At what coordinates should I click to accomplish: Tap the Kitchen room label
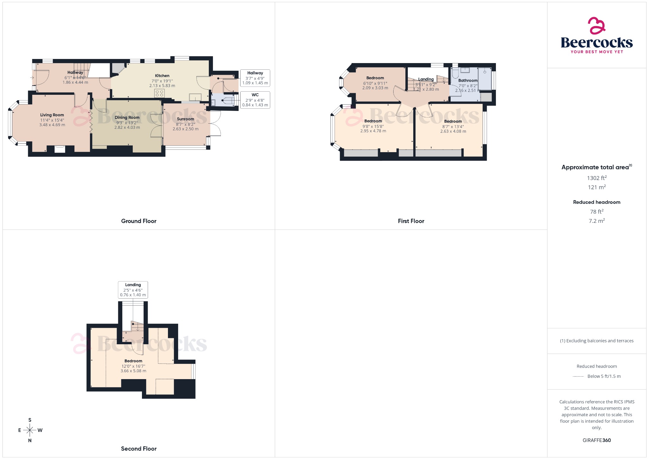[x=162, y=76]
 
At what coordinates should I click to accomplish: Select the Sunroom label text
[x=185, y=119]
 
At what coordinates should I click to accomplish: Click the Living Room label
[x=52, y=115]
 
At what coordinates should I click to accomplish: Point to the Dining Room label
[x=127, y=118]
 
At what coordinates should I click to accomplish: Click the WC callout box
[x=255, y=100]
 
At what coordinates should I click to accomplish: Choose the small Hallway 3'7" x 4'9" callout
[x=255, y=78]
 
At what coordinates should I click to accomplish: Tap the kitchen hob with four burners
[x=159, y=93]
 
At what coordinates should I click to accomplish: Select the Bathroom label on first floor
[x=467, y=81]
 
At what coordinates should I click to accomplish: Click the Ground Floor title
[x=138, y=221]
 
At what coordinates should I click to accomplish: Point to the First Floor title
[x=411, y=221]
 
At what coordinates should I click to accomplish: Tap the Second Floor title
[x=138, y=449]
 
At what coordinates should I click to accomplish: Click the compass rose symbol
[x=30, y=430]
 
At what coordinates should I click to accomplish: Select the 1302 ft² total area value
[x=596, y=178]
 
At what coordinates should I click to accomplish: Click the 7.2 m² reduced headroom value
[x=596, y=221]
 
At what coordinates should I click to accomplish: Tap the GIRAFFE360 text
[x=596, y=440]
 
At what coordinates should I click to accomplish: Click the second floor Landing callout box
[x=133, y=290]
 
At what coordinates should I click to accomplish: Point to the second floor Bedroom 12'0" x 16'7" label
[x=133, y=361]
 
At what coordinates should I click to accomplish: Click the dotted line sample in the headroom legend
[x=578, y=377]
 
